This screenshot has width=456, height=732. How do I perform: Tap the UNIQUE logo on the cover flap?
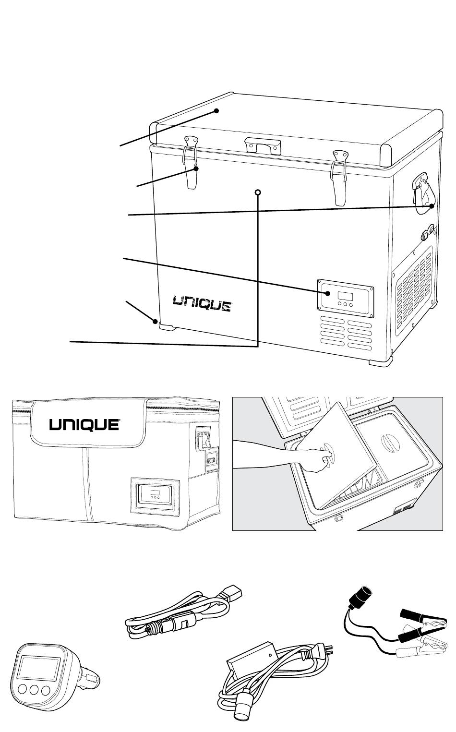coord(84,424)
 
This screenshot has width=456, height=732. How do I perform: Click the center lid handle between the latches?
coord(262,144)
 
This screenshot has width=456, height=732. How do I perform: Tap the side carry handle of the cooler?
coord(422,192)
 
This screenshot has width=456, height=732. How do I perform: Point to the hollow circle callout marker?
coord(258,192)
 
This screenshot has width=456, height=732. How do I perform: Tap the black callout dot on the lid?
coord(217,111)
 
